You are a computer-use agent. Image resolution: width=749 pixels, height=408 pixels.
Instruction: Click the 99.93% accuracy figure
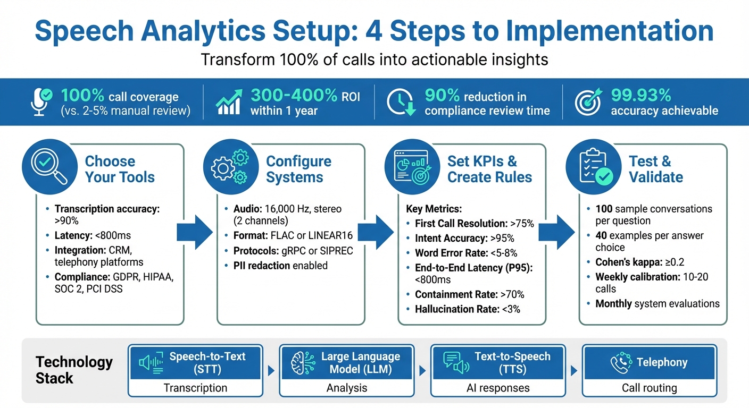[641, 95]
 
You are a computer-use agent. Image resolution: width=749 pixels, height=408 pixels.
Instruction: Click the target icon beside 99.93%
[588, 102]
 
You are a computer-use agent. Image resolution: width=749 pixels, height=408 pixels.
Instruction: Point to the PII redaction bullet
[280, 265]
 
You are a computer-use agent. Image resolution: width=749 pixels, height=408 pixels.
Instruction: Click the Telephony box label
[662, 362]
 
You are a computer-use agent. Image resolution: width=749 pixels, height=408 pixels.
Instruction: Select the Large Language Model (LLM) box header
[360, 362]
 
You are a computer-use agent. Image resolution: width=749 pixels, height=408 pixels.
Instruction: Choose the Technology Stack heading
[74, 370]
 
